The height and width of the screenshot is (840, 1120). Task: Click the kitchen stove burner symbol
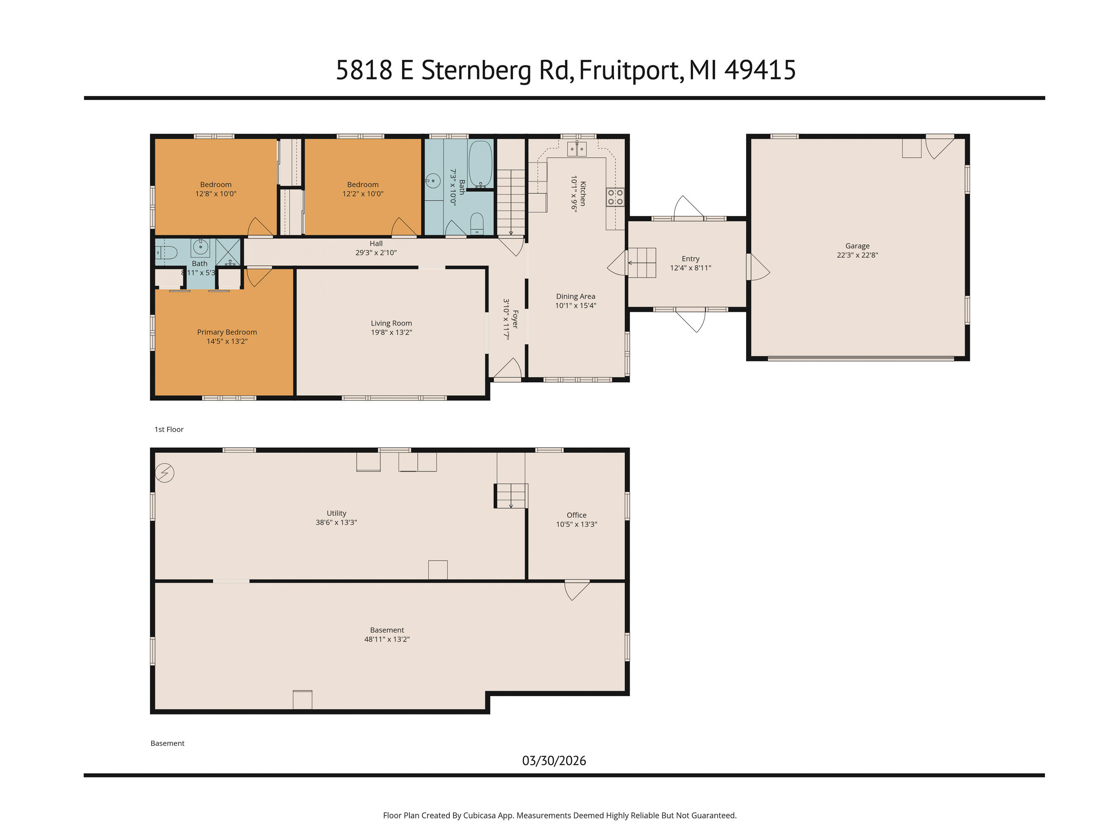coord(615,197)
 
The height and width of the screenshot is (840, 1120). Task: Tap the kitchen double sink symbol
coord(577,149)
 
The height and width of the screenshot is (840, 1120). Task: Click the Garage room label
coord(857,246)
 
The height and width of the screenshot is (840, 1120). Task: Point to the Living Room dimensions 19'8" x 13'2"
coord(391,332)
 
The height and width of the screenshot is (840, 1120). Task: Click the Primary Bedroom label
coord(227,332)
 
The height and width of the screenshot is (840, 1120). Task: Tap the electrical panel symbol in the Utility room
coord(165,473)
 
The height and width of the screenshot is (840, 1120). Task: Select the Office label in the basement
coord(576,514)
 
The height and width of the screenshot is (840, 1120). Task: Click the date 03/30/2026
coord(554,761)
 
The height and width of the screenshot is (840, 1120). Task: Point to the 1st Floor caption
coord(168,429)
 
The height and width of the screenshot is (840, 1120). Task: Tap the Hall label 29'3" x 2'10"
coord(376,248)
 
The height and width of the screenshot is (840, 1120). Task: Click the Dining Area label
coord(575,296)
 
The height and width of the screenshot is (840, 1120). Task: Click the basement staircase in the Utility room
coord(511,495)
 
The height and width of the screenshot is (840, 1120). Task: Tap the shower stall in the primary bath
coord(228,252)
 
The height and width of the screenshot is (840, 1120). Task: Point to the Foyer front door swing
coord(507,369)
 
